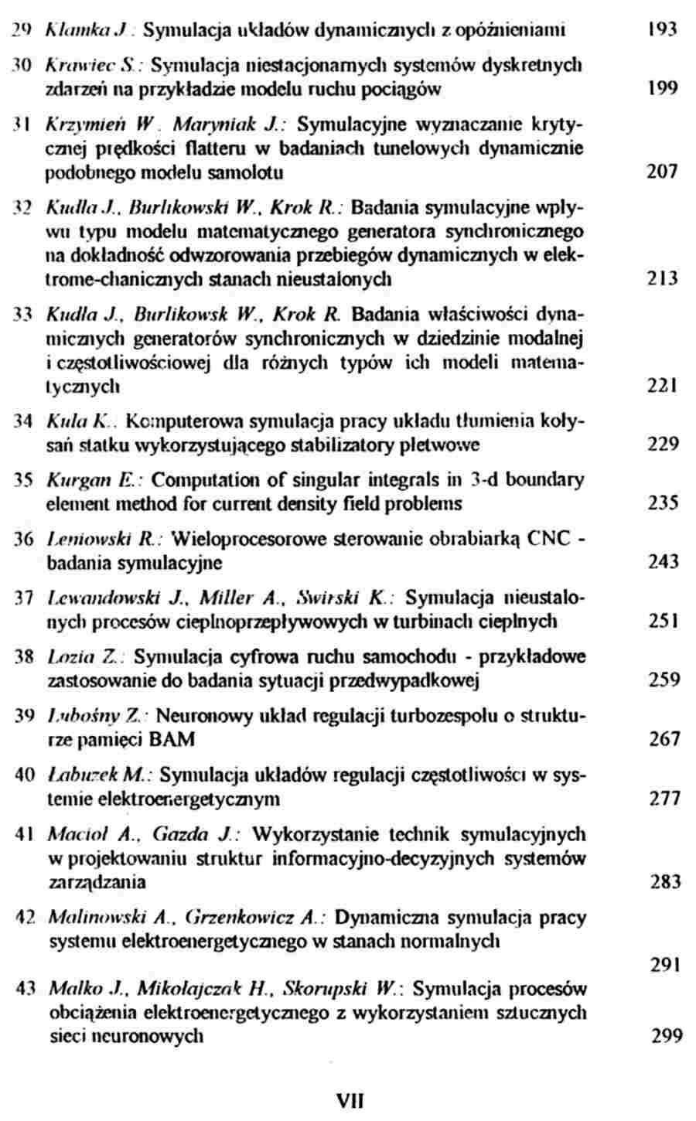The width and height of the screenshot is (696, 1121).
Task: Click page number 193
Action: [x=661, y=31]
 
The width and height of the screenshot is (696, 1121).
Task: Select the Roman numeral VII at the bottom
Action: [x=350, y=1100]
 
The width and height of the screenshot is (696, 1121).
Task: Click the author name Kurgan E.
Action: [x=80, y=480]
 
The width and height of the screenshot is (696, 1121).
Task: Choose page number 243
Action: [x=664, y=562]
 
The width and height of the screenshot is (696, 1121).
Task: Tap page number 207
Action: [x=662, y=172]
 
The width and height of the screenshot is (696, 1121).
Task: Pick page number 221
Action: [x=662, y=385]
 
